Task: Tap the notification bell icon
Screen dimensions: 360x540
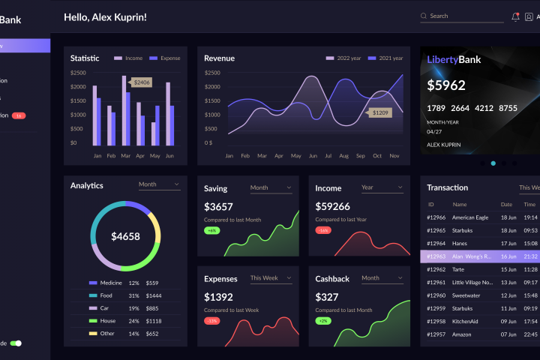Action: click(x=515, y=16)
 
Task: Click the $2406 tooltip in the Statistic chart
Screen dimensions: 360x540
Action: click(x=142, y=82)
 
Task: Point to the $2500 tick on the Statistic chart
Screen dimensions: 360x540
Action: click(x=78, y=73)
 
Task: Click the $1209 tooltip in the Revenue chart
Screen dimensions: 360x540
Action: click(x=380, y=112)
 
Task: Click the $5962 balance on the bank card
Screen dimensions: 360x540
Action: click(x=446, y=85)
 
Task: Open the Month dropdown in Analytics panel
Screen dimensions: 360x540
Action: click(x=159, y=184)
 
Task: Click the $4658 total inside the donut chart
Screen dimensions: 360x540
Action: click(x=125, y=236)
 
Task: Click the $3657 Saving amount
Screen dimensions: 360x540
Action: click(x=219, y=206)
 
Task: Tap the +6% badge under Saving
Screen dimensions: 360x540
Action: click(x=211, y=230)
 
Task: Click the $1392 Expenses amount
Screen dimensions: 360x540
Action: click(x=219, y=297)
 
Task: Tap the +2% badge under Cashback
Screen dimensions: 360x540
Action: click(x=322, y=320)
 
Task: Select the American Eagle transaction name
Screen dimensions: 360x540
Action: click(x=470, y=217)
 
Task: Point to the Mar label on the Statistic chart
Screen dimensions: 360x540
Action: click(x=126, y=156)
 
